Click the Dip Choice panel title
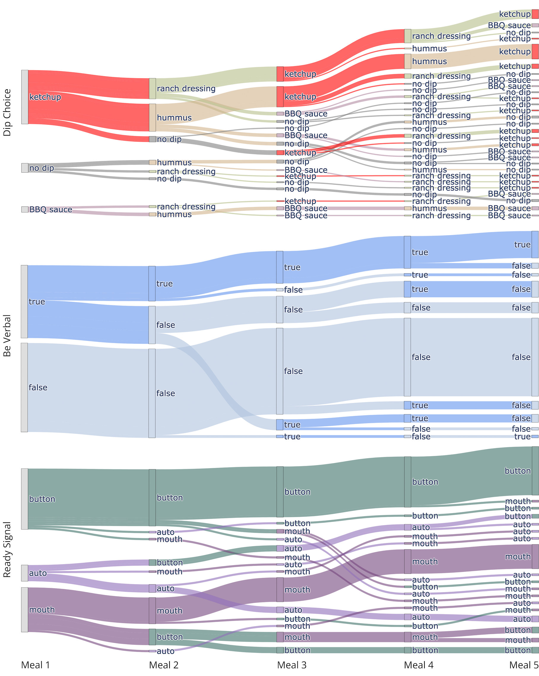click(7, 112)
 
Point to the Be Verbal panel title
click(7, 336)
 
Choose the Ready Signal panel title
click(7, 549)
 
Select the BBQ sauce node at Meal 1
click(25, 209)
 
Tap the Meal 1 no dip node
click(25, 168)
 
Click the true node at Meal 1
click(24, 301)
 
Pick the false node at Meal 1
click(24, 387)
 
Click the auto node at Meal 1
click(24, 573)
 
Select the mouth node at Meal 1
click(24, 610)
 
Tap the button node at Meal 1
click(24, 499)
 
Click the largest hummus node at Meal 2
click(152, 118)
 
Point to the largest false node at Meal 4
click(407, 357)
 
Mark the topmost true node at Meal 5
click(535, 245)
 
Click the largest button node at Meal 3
click(280, 492)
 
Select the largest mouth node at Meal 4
click(407, 561)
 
